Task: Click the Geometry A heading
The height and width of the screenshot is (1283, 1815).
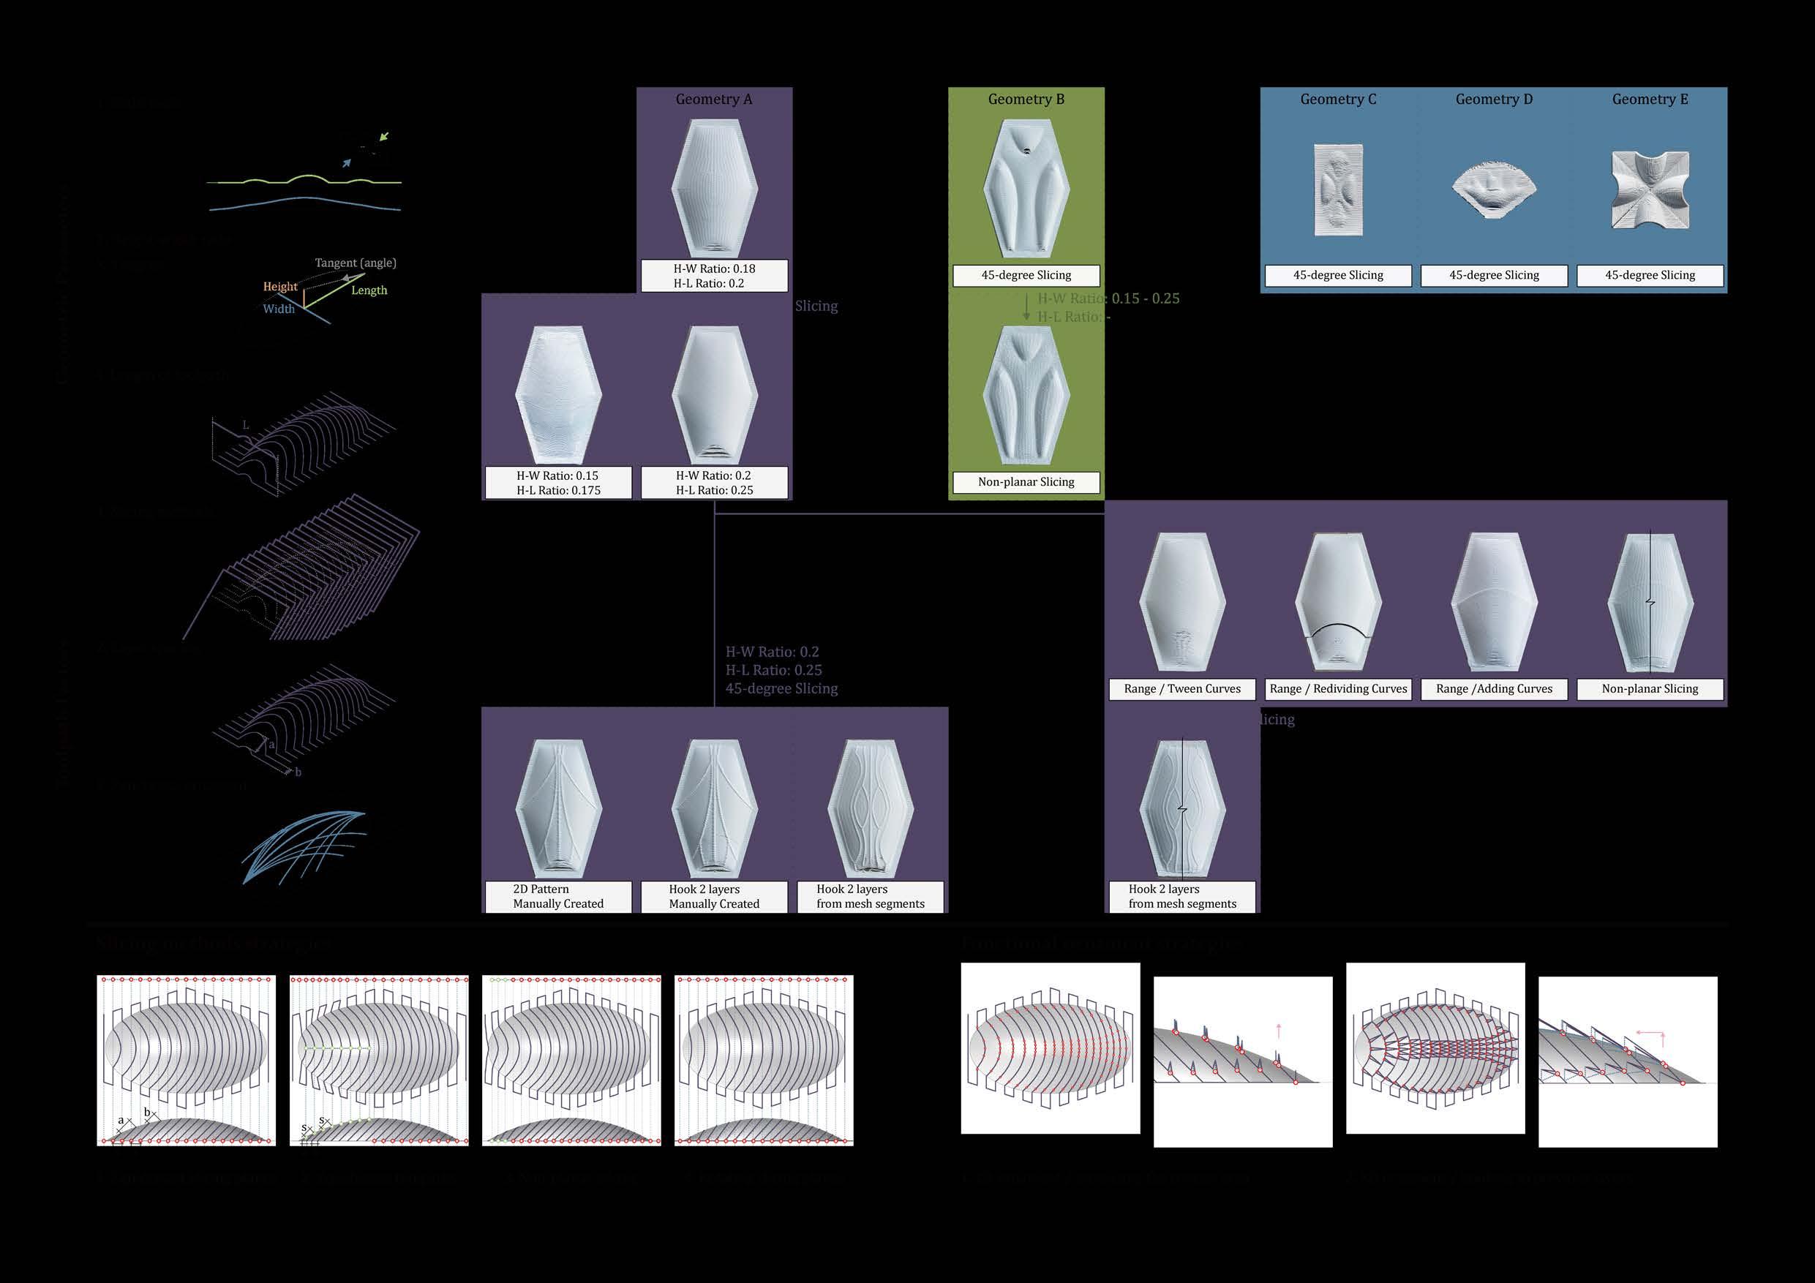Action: coord(713,99)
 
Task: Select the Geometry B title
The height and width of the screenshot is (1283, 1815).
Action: coord(1026,99)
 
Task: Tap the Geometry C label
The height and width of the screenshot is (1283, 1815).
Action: coord(1337,99)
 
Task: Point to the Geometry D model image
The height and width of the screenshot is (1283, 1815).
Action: coord(1494,189)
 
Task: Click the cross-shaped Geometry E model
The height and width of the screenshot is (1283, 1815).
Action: coord(1650,189)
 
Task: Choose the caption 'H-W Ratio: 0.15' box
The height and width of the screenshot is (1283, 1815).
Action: coord(557,483)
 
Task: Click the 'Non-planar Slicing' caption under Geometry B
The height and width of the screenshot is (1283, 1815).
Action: coord(1026,482)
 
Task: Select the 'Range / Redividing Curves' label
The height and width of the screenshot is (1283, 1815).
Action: coord(1337,689)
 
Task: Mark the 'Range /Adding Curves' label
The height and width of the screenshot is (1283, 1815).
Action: coord(1494,689)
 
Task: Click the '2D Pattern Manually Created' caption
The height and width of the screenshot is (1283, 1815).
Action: coord(557,897)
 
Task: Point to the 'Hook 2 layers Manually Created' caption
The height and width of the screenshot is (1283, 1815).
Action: coord(714,897)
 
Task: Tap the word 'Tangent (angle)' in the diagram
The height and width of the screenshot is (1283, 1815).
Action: coord(355,263)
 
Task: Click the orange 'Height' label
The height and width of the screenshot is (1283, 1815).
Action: coord(280,287)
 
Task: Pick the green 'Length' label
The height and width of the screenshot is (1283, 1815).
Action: coord(369,291)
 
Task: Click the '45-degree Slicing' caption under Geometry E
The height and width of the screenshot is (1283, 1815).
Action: coord(1650,275)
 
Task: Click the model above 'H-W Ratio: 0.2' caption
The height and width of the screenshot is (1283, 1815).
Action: coord(714,395)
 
